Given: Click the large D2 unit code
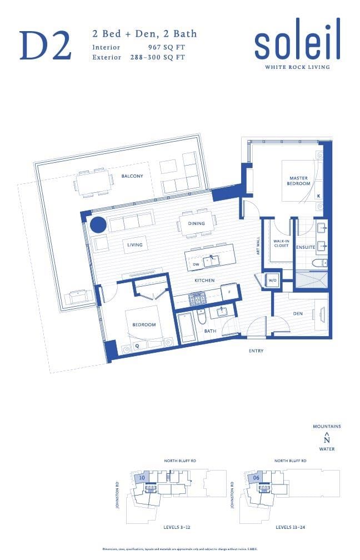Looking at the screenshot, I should coord(46,46).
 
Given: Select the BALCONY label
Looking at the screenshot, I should coord(132,176).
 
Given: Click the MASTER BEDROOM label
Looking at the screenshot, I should coord(298,180).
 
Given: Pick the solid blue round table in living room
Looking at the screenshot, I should coord(98,225).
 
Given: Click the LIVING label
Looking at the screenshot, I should coord(134,244).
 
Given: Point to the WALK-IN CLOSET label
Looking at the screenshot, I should coord(281,243).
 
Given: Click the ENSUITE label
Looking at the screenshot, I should coord(305,246).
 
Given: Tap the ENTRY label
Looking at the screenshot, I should coord(256,351).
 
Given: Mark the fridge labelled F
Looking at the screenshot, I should coord(228,291).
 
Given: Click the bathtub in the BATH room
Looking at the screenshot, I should coord(186,328).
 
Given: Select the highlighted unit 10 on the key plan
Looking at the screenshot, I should coord(142,477).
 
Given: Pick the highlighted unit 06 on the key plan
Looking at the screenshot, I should coord(256,477).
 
